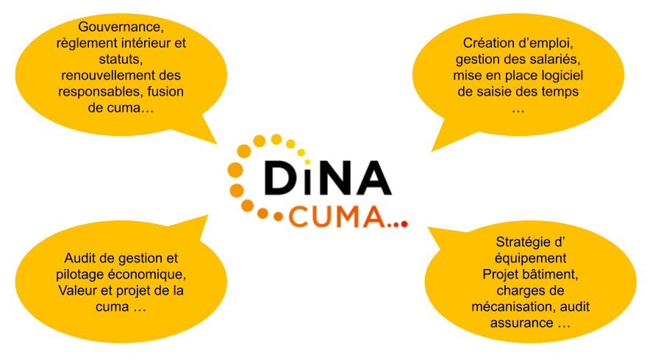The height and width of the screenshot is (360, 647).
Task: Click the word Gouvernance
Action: (120, 28)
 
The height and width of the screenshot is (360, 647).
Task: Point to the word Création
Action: (488, 43)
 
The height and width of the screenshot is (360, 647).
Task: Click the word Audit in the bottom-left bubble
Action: (81, 259)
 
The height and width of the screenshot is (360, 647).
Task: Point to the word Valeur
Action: (77, 291)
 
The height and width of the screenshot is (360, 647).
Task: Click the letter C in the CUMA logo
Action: (301, 216)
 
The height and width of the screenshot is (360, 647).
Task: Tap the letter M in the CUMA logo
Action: (349, 216)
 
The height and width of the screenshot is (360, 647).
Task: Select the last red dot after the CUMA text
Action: (404, 223)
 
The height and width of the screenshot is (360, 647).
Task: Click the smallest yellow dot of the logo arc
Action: (307, 162)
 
